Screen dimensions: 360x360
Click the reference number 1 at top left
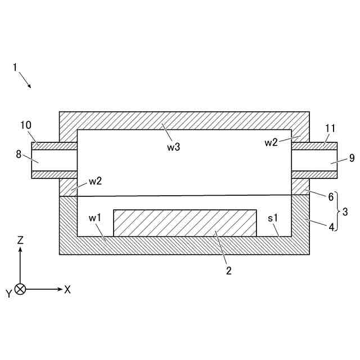pos(15,67)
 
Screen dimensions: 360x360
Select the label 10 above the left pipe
pos(26,125)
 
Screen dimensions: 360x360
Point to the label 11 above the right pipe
pos(330,129)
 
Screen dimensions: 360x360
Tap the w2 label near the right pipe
pos(272,142)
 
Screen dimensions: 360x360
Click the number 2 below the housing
pos(228,271)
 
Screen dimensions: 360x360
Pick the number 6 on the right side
pos(331,197)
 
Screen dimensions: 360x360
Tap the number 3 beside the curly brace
pos(345,213)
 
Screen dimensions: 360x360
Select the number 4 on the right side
pos(331,228)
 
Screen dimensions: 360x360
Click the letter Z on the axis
pos(20,240)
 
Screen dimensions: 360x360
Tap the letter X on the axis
pos(67,289)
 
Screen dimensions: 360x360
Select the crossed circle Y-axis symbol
pos(20,289)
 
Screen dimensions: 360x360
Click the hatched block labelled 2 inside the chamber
pos(185,223)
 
